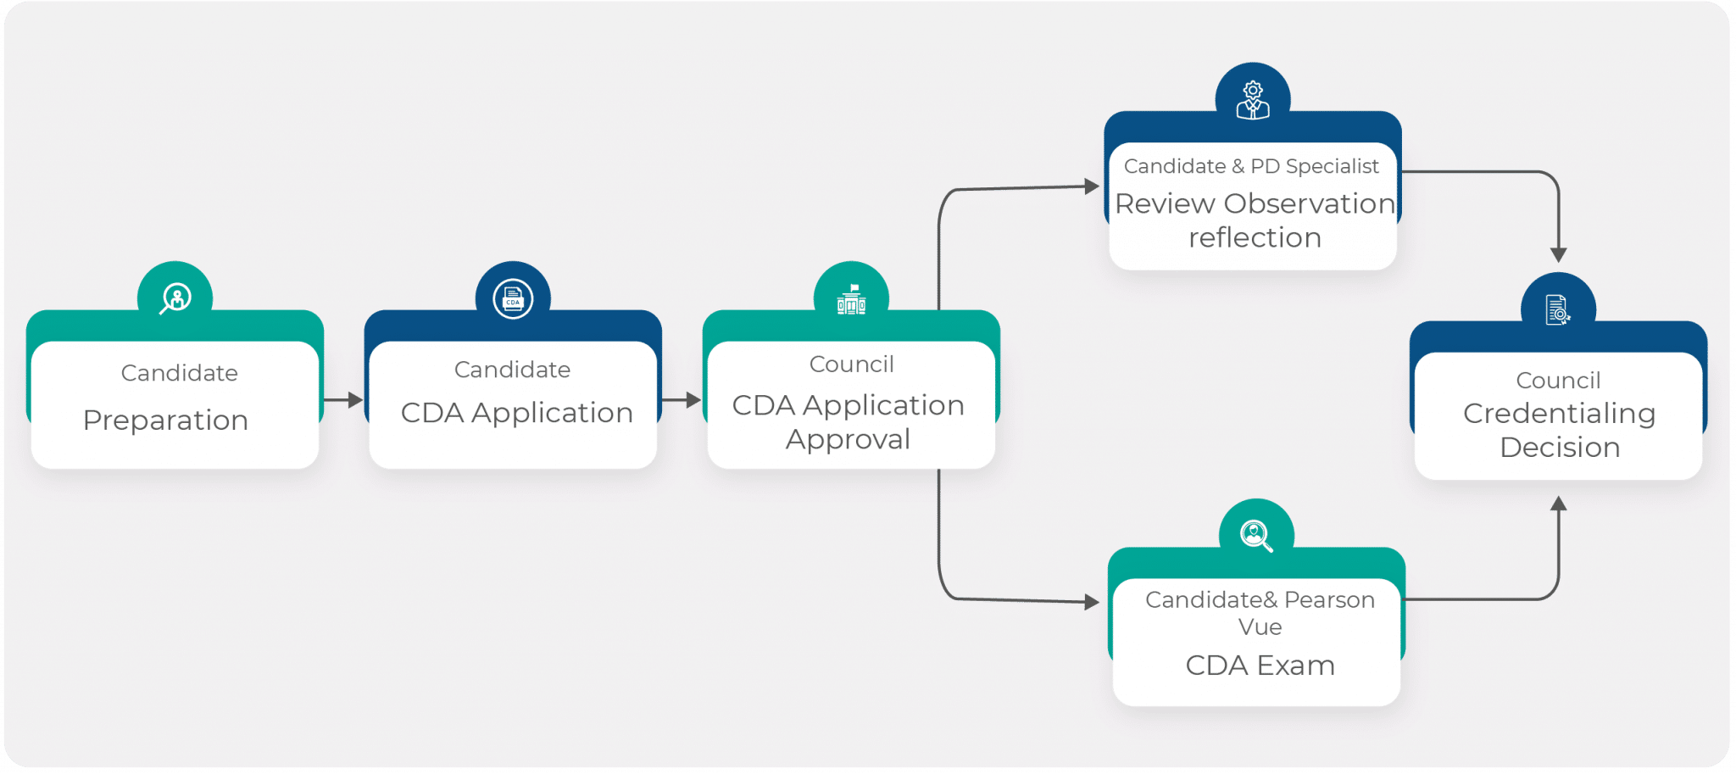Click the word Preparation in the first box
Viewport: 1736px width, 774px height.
[165, 420]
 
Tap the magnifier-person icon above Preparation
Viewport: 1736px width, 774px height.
[175, 298]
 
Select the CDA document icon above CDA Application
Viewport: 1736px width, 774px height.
[513, 299]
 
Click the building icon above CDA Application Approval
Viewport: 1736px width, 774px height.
[851, 299]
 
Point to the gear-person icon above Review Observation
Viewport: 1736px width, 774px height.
[1253, 100]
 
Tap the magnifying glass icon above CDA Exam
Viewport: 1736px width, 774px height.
[1255, 536]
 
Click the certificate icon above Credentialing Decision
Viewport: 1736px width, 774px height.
[1557, 310]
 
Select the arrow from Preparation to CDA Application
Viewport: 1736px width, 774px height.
[343, 399]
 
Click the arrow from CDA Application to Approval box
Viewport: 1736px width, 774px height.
[682, 399]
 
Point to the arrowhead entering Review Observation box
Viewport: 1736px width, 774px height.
[1092, 187]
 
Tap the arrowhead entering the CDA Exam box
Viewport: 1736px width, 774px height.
[1092, 602]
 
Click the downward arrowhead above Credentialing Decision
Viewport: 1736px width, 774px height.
[1558, 254]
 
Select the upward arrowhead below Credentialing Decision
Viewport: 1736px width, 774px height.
[1558, 504]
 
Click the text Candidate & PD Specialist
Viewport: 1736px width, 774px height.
[1251, 166]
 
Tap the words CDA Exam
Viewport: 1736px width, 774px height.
[1260, 665]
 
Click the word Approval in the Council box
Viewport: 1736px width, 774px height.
[848, 439]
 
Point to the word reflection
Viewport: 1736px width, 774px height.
[1255, 237]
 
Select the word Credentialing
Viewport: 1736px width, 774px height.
[1559, 414]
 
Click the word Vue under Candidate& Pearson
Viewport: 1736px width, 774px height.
[1260, 627]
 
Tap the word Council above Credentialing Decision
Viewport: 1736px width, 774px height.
[1558, 381]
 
